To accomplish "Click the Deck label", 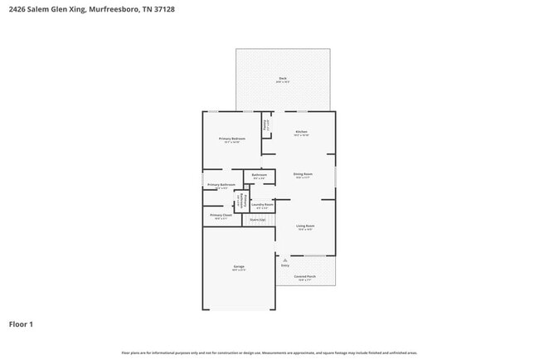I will pos(283,79).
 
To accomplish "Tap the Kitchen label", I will pos(302,132).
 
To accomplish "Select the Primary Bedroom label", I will pos(232,139).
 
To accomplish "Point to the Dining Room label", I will pos(302,174).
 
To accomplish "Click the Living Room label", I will pos(305,226).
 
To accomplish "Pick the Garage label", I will pos(239,266).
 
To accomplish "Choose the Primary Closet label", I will pos(221,215).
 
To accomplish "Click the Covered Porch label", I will pos(305,276).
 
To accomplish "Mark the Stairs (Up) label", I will pos(257,220).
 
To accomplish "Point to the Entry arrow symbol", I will pos(284,260).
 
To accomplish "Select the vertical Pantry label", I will pos(265,126).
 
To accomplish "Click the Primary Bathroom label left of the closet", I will pos(221,184).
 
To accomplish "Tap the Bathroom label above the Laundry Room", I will pos(260,175).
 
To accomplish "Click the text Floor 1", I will pos(21,324).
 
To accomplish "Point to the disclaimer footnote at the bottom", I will pos(269,353).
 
